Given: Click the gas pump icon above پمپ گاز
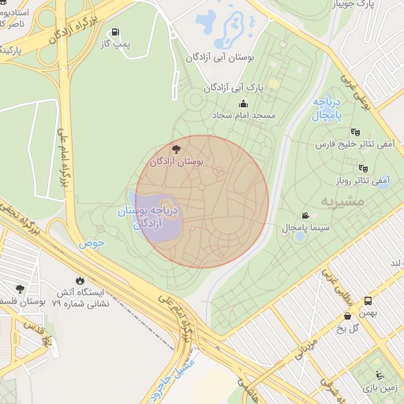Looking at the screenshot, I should [117, 32].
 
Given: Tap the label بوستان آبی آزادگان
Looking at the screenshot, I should [219, 58].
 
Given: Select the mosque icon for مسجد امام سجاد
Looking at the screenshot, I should [243, 103].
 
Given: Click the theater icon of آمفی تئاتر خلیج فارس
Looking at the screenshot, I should [355, 132].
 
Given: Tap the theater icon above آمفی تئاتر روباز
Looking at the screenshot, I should [363, 167].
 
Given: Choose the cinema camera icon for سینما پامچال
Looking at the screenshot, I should [305, 215].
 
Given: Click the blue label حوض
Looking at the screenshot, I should [92, 243].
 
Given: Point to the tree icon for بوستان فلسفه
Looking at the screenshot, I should [20, 288].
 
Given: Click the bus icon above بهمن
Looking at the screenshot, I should [368, 301].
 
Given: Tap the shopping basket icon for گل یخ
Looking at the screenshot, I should [347, 316].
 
